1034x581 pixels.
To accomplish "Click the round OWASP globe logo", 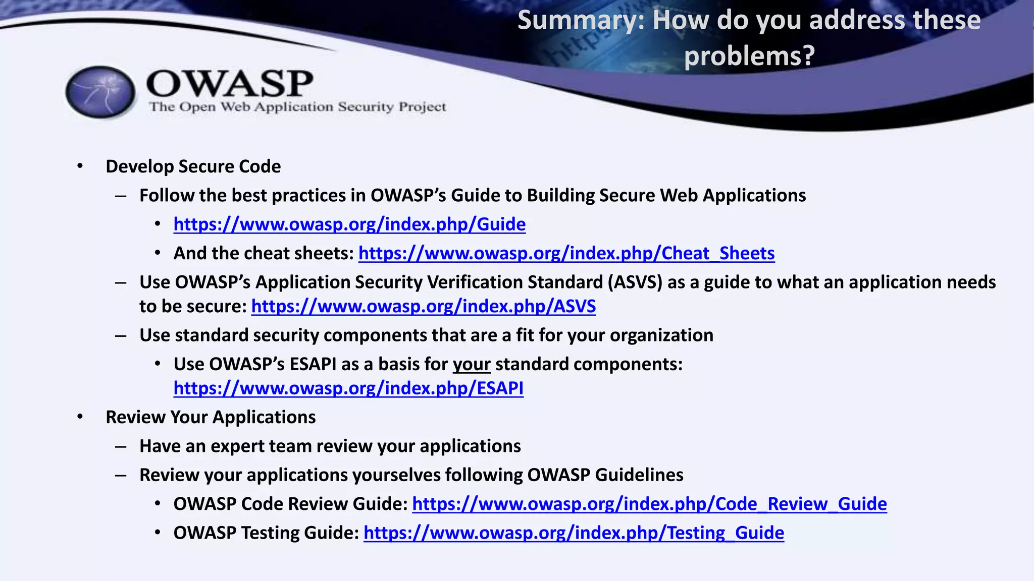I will tap(100, 92).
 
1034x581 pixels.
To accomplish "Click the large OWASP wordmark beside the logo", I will tap(230, 83).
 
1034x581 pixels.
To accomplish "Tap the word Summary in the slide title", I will tap(576, 21).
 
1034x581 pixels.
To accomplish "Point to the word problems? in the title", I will tap(749, 55).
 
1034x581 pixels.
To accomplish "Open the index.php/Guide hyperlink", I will tap(349, 224).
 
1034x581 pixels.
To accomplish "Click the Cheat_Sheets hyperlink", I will tap(566, 253).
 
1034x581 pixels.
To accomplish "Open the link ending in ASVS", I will tap(423, 306).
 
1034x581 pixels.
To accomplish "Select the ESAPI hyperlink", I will tap(348, 388).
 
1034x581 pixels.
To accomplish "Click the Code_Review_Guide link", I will tap(649, 504).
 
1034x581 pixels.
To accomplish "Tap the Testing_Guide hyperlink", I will tap(574, 533).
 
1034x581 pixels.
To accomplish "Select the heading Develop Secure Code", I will tap(193, 166).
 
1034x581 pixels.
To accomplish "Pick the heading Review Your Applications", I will tap(211, 417).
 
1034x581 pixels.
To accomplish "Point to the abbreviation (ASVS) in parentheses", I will tap(635, 282).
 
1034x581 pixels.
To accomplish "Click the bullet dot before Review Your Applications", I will tap(80, 417).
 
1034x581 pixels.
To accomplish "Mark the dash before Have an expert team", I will tap(120, 447).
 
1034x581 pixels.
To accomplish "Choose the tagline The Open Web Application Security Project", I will tap(297, 107).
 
